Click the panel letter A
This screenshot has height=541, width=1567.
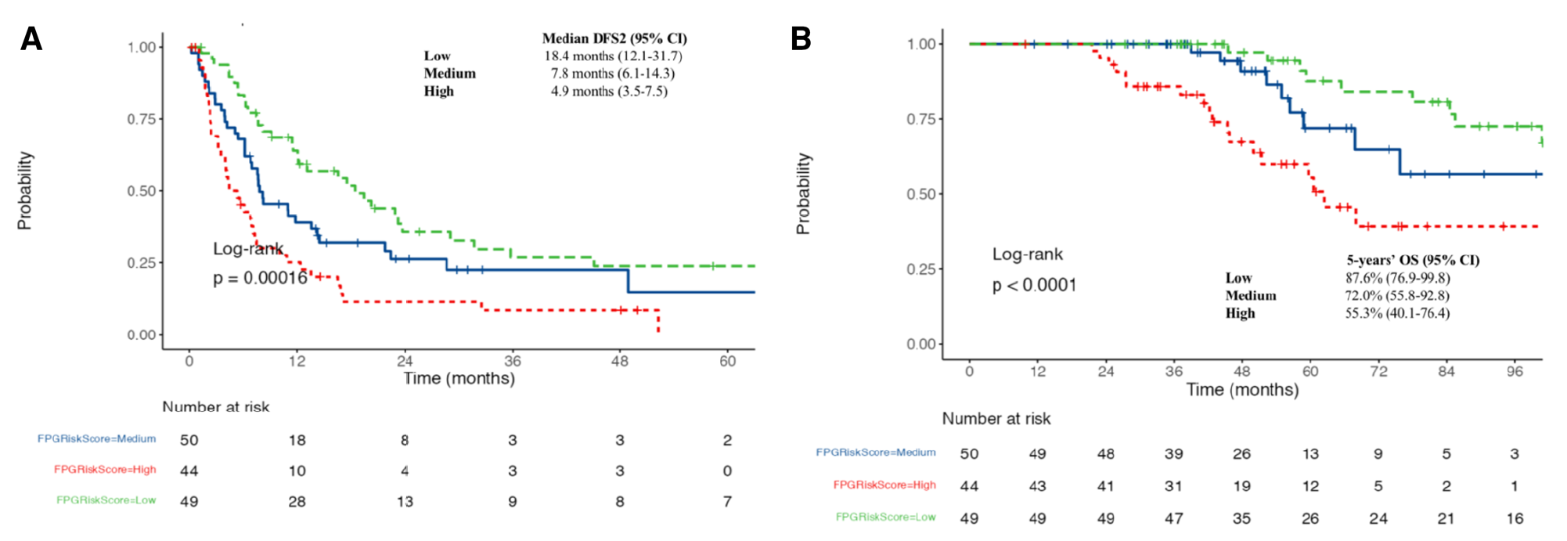tap(31, 38)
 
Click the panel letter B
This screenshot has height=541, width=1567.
tap(801, 38)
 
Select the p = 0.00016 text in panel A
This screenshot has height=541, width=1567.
tap(260, 278)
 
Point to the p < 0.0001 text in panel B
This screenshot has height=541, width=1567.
tap(1034, 285)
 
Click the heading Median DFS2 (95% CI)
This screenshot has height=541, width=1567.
tap(614, 38)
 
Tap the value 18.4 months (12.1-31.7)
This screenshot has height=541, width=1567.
tap(613, 56)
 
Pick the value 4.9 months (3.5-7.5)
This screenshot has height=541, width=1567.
tap(609, 91)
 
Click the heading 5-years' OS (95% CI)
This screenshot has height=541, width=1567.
tap(1413, 260)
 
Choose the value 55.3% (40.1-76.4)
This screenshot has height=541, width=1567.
tap(1397, 313)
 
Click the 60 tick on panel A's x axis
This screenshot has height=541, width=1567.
tap(728, 361)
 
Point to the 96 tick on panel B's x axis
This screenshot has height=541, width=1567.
tap(1515, 371)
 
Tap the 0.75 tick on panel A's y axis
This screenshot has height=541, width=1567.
tap(142, 119)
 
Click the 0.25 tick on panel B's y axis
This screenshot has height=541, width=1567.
tap(921, 269)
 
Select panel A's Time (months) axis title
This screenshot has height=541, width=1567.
tap(459, 379)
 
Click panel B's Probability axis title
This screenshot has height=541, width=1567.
tap(803, 193)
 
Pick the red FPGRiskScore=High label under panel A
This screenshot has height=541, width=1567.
tap(105, 470)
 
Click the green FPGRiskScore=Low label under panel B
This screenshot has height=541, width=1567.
tap(885, 517)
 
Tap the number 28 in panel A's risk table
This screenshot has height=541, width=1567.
tap(297, 501)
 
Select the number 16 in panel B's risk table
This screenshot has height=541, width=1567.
tap(1515, 518)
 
